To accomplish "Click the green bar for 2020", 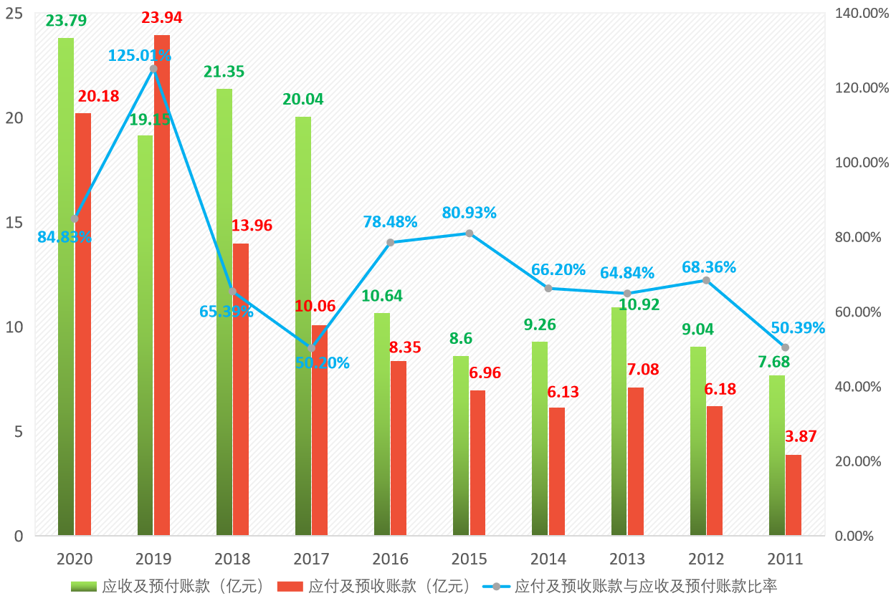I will tap(66, 287).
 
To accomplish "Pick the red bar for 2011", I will tap(794, 495).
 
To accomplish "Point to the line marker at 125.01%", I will tap(153, 69).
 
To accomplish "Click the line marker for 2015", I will tap(470, 234).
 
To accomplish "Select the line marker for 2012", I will tap(706, 280).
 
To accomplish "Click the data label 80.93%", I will tap(470, 213).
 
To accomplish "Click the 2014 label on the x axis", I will tap(548, 559).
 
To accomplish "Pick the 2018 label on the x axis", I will tap(232, 559).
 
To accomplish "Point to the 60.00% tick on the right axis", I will tap(857, 312).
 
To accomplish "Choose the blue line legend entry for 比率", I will tap(645, 586).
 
